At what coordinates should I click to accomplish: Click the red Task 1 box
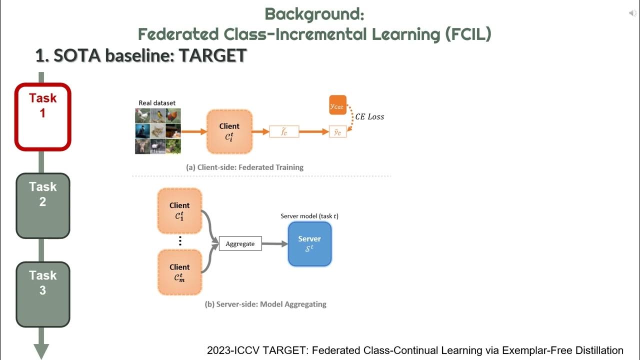point(43,116)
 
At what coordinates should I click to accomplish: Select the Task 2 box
point(43,205)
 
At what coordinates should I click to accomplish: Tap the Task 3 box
point(43,293)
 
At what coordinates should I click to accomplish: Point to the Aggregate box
point(240,244)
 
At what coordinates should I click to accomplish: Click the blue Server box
point(309,243)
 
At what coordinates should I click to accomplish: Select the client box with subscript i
point(229,132)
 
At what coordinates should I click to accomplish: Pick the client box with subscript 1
point(179,211)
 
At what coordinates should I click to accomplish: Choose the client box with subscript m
point(179,272)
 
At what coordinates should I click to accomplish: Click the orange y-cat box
point(337,105)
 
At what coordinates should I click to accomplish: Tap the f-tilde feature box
point(284,132)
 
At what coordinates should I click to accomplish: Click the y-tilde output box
point(337,132)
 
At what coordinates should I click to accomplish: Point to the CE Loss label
point(369,116)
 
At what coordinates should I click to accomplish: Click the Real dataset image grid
point(157,131)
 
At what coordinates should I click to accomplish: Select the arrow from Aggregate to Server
point(274,244)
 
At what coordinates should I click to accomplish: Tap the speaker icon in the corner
point(632,13)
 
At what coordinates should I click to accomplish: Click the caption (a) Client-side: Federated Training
point(244,167)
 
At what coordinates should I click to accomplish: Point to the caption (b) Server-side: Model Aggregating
point(265,304)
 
